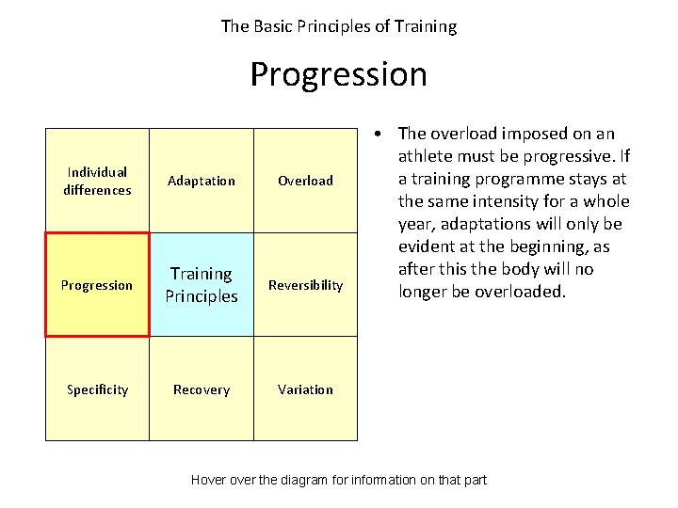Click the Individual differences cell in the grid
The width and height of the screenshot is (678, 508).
[97, 181]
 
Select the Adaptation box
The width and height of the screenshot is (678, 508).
[202, 181]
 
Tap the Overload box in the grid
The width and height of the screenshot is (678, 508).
[305, 181]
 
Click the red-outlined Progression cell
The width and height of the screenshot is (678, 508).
[97, 285]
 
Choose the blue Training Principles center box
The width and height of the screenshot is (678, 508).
[202, 285]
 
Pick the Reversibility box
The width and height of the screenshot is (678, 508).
[305, 285]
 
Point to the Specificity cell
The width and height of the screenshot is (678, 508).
[97, 389]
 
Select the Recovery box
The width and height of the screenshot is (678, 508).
[202, 389]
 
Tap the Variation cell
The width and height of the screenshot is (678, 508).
[305, 389]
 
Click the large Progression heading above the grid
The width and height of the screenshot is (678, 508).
[338, 74]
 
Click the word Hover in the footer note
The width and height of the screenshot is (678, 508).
[209, 480]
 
